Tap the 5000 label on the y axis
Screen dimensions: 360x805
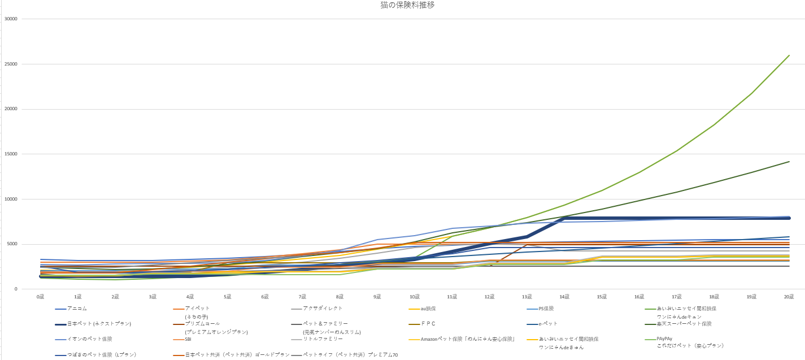pyautogui.click(x=12, y=244)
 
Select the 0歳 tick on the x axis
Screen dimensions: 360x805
pyautogui.click(x=40, y=296)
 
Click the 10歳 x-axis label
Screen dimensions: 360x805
pyautogui.click(x=415, y=296)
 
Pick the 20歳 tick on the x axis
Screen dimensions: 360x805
pyautogui.click(x=789, y=296)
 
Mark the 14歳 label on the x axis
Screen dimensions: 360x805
pyautogui.click(x=564, y=296)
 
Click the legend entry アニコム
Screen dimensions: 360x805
pyautogui.click(x=77, y=309)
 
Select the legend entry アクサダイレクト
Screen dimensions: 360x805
pyautogui.click(x=323, y=309)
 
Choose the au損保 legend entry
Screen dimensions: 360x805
pyautogui.click(x=428, y=309)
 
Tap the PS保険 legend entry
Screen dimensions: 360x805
pyautogui.click(x=547, y=309)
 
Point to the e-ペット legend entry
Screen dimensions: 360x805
pyautogui.click(x=548, y=324)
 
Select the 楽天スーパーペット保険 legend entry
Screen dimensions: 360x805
pyautogui.click(x=684, y=324)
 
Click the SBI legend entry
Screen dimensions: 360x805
pyautogui.click(x=188, y=339)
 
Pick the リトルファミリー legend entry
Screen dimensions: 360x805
pyautogui.click(x=323, y=339)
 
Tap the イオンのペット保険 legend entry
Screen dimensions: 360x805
pyautogui.click(x=89, y=339)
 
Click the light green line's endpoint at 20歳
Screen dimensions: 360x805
pyautogui.click(x=789, y=55)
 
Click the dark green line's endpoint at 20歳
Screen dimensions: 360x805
pyautogui.click(x=789, y=162)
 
